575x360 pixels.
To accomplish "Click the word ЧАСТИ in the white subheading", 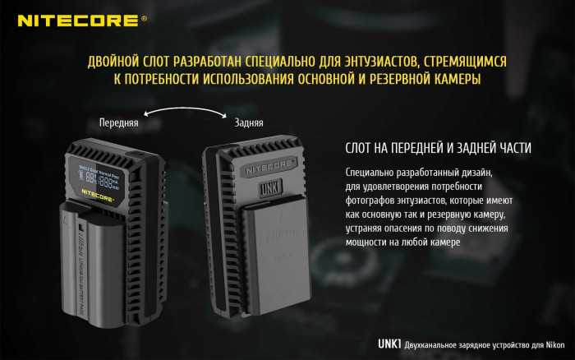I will pos(510,148).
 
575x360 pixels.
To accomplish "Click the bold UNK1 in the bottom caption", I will pos(389,344).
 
